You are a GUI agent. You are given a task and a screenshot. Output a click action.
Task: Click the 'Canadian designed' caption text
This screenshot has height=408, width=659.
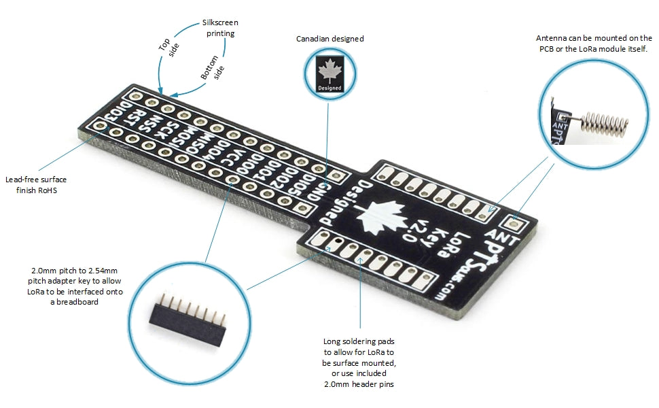click(x=329, y=39)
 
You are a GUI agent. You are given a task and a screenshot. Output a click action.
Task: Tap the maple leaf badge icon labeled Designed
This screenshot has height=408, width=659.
click(x=329, y=74)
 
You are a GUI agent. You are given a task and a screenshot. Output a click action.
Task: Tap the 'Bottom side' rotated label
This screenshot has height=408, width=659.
click(x=213, y=68)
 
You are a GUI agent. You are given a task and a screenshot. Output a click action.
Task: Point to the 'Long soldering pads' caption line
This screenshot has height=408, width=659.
click(x=359, y=341)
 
